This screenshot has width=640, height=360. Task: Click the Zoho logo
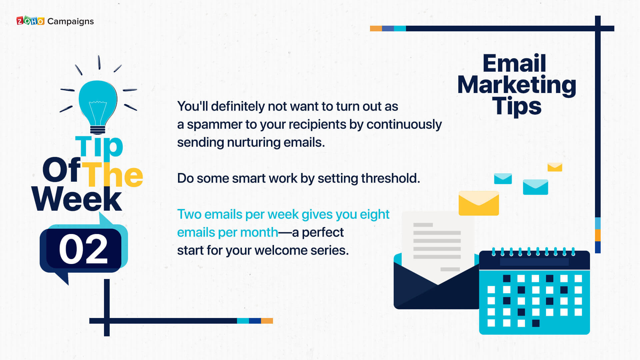pyautogui.click(x=30, y=21)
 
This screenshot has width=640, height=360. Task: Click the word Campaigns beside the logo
pyautogui.click(x=71, y=22)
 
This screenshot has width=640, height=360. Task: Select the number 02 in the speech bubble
pyautogui.click(x=83, y=249)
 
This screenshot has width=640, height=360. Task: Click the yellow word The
pyautogui.click(x=112, y=174)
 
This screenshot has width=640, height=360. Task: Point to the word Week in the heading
pyautogui.click(x=77, y=199)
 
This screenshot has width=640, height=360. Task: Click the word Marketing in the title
pyautogui.click(x=517, y=85)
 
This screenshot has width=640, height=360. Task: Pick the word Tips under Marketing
pyautogui.click(x=517, y=106)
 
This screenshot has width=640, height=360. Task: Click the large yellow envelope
pyautogui.click(x=479, y=203)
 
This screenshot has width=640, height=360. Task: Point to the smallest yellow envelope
pyautogui.click(x=555, y=167)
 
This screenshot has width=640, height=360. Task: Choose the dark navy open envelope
pyautogui.click(x=436, y=287)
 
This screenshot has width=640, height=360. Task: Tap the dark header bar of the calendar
pyautogui.click(x=534, y=260)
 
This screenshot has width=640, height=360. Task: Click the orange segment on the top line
pyautogui.click(x=376, y=29)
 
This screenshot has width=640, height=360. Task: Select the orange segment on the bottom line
pyautogui.click(x=267, y=321)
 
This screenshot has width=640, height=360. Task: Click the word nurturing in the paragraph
pyautogui.click(x=253, y=143)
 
